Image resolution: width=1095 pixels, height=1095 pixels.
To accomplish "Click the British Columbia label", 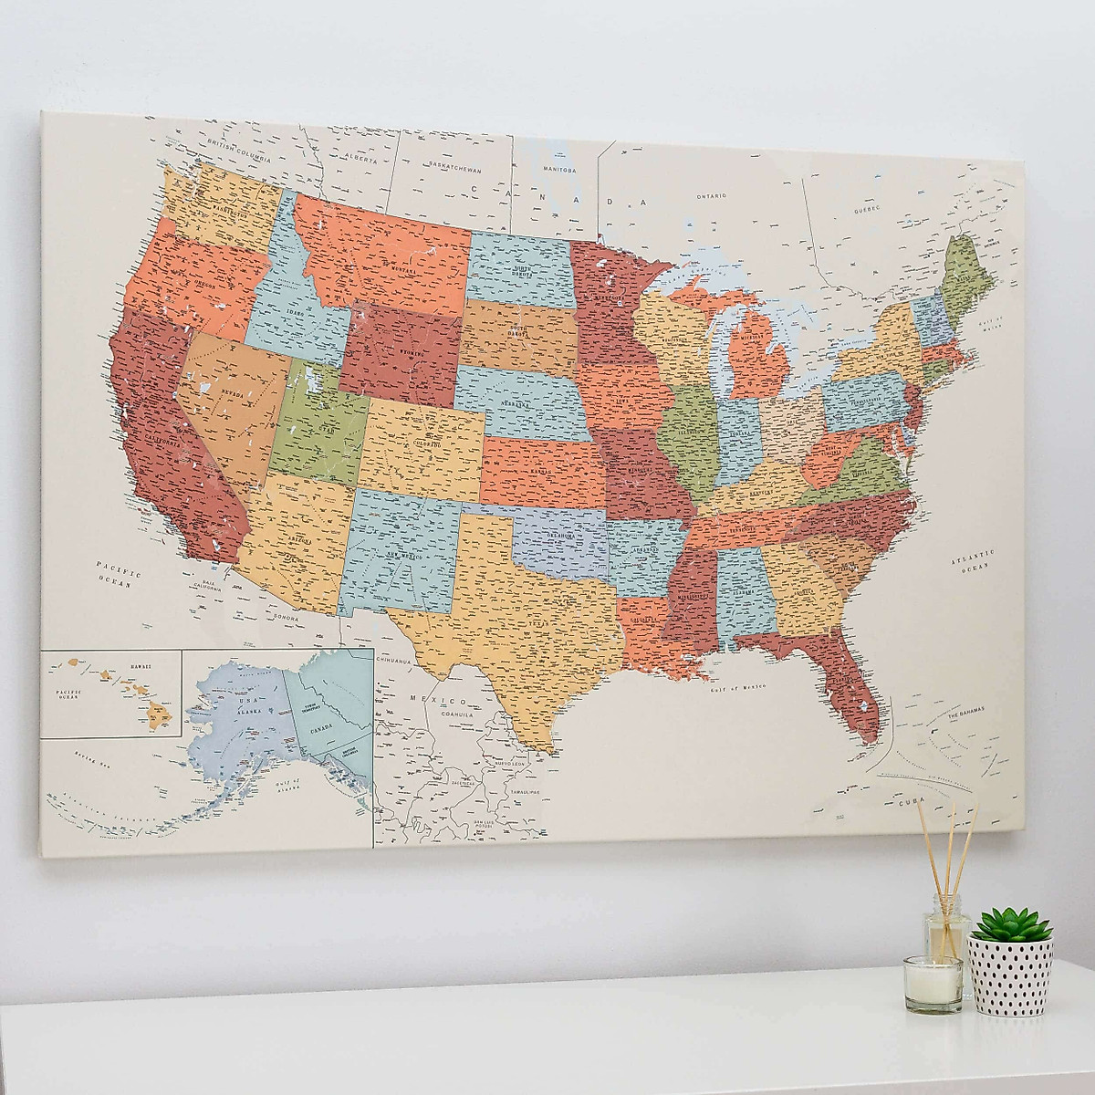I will click(x=239, y=151).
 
